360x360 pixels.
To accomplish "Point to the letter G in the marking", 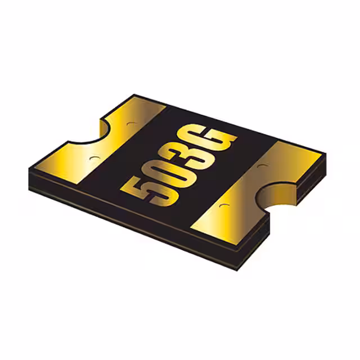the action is coord(206,137).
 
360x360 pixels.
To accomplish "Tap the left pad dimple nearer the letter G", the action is coord(132,124).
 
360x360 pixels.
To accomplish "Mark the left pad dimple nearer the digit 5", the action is coord(94,159).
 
